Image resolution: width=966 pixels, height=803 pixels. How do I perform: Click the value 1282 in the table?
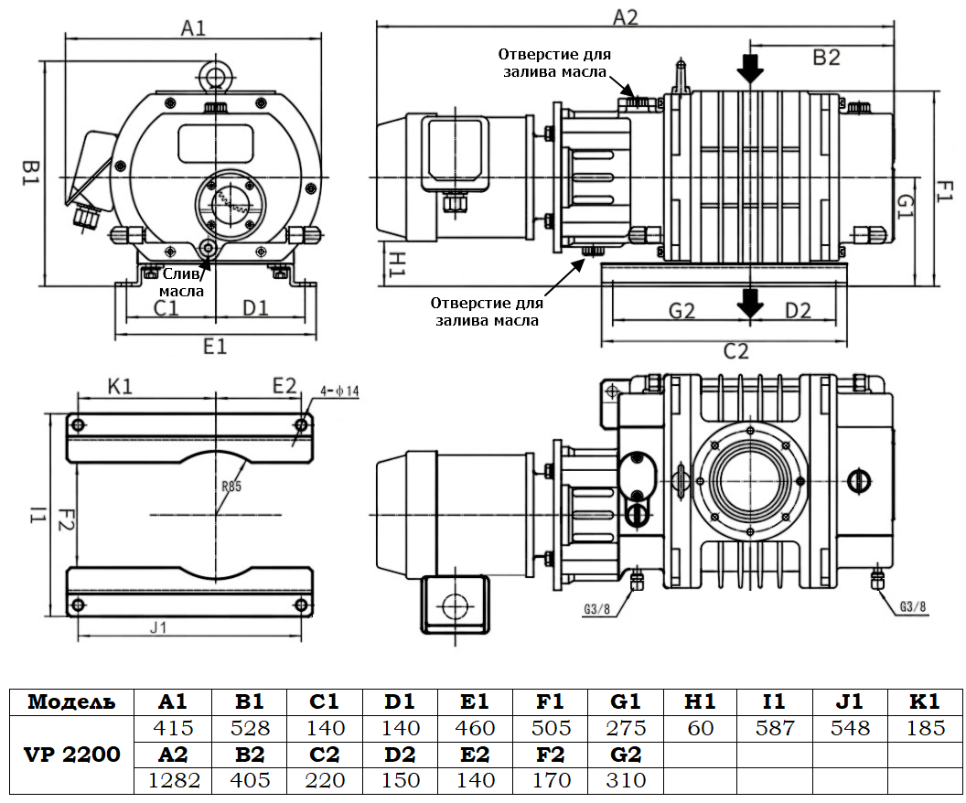(173, 780)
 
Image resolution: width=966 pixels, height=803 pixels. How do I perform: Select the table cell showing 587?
(774, 728)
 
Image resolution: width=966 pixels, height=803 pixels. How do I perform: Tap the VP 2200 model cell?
(72, 755)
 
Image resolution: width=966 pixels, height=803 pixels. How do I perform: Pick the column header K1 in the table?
(925, 701)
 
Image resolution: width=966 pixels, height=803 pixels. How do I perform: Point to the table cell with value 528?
(250, 728)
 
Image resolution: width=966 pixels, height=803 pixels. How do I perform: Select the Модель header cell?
(72, 701)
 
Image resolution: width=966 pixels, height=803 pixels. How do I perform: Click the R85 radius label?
(231, 487)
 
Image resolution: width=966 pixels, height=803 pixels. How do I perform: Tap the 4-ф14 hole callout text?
(340, 391)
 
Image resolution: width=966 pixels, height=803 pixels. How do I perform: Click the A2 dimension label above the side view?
(625, 16)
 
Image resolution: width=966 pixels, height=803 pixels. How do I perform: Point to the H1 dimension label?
(396, 262)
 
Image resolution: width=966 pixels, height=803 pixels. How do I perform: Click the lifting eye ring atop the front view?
(216, 74)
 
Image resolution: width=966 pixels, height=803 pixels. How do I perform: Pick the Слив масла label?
(183, 282)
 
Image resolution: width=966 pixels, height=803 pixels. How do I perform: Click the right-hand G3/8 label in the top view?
(912, 607)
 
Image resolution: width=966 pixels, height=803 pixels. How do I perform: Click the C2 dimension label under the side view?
(736, 351)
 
